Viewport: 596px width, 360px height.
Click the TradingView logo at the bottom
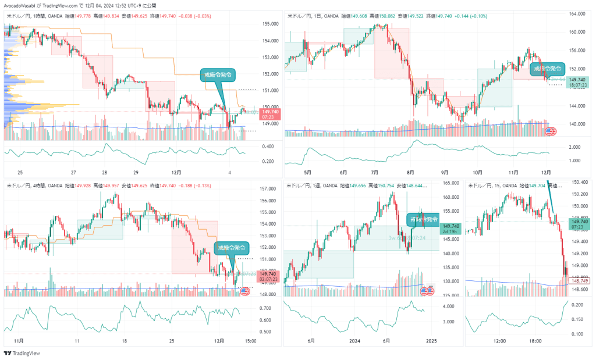click(x=17, y=353)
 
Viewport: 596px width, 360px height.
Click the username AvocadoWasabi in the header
click(x=22, y=5)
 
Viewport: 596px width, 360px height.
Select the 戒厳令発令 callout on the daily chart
click(x=548, y=69)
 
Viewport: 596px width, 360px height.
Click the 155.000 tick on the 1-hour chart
click(x=269, y=24)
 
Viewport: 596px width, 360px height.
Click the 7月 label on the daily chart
click(x=375, y=172)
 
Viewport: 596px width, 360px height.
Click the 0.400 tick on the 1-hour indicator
click(x=268, y=146)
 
